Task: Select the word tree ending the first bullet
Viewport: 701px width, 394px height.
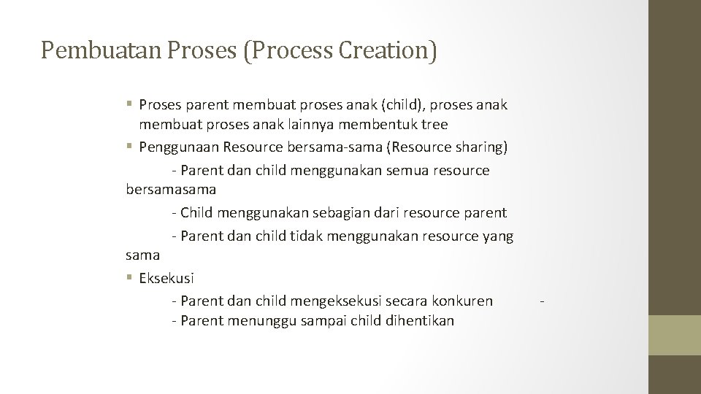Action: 436,124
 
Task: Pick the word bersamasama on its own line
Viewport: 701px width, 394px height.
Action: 171,189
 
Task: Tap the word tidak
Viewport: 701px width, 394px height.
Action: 307,236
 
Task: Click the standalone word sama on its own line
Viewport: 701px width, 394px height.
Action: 142,255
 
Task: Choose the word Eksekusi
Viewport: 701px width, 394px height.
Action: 166,278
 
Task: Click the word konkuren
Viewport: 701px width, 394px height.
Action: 461,301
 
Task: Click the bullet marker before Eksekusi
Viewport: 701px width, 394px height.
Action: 129,278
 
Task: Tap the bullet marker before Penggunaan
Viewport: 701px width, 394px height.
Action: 129,147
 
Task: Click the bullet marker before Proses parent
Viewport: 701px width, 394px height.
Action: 129,104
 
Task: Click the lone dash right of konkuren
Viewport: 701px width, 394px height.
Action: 541,301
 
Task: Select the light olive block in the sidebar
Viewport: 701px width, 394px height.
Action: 675,335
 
